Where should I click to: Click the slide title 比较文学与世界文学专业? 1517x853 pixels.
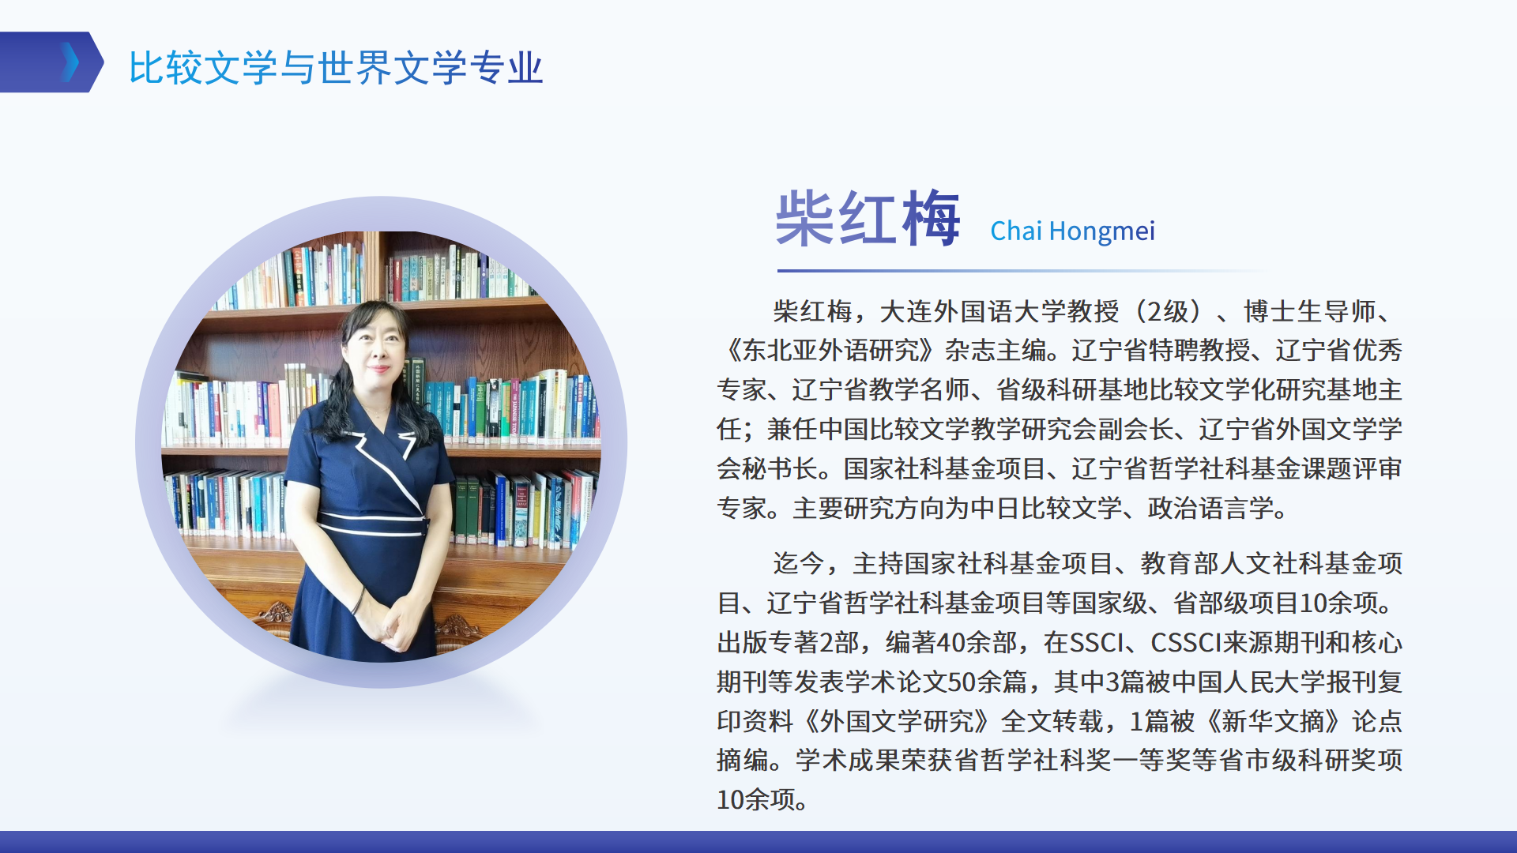pyautogui.click(x=336, y=67)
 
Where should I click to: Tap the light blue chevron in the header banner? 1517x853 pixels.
pyautogui.click(x=70, y=62)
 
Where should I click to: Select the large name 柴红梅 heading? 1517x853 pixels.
pyautogui.click(x=868, y=218)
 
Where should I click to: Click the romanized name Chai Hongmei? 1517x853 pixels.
pyautogui.click(x=1072, y=231)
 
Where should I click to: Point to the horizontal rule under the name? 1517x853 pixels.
pyautogui.click(x=1023, y=271)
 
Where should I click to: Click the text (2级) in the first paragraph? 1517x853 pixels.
pyautogui.click(x=1168, y=311)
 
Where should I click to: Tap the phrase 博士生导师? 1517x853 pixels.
pyautogui.click(x=1310, y=311)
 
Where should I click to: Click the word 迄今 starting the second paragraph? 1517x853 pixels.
pyautogui.click(x=799, y=563)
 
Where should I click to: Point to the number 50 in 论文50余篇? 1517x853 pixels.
pyautogui.click(x=962, y=682)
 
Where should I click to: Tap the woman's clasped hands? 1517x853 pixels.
pyautogui.click(x=393, y=620)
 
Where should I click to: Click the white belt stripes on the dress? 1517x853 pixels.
pyautogui.click(x=371, y=524)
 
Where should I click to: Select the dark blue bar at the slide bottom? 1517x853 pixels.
pyautogui.click(x=758, y=842)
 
